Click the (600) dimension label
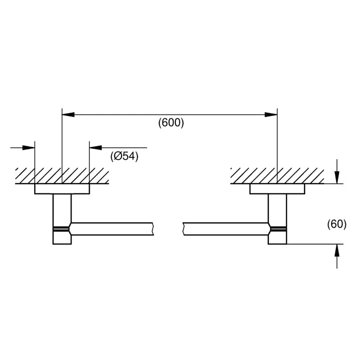click(171, 123)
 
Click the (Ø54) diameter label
click(124, 156)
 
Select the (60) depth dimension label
click(337, 224)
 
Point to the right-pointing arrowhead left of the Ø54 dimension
click(30, 148)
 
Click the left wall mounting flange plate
click(62, 189)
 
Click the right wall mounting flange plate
click(277, 189)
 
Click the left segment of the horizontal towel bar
click(112, 229)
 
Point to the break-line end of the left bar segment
click(153, 229)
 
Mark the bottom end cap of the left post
click(62, 238)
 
